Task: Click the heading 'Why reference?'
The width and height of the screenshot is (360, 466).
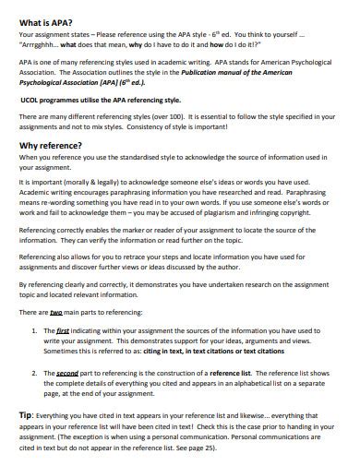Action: [54, 146]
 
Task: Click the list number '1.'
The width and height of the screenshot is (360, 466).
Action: [35, 329]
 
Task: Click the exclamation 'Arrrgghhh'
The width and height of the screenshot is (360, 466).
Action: [44, 42]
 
